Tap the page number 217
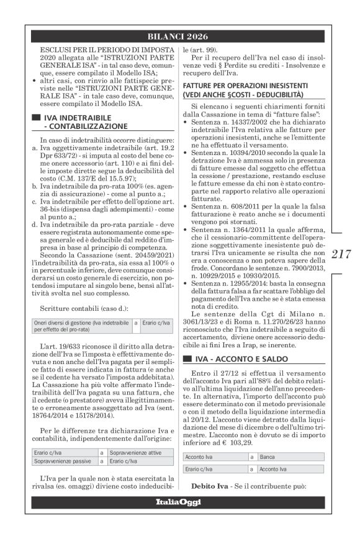pos(341,254)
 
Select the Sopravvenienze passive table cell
pos(55,461)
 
